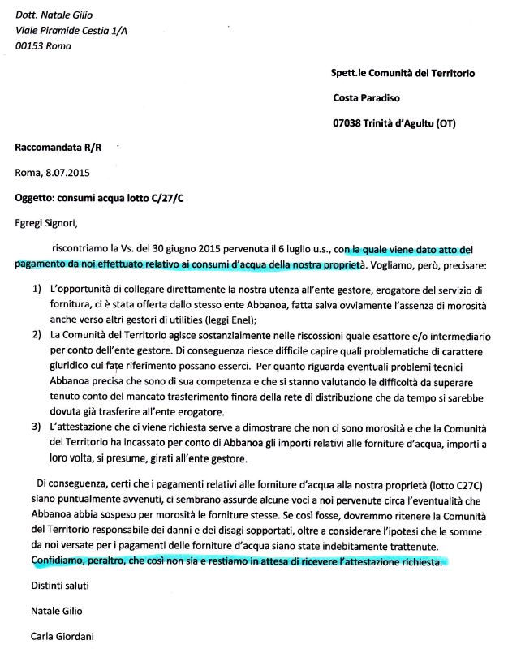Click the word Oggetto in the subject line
36,197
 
